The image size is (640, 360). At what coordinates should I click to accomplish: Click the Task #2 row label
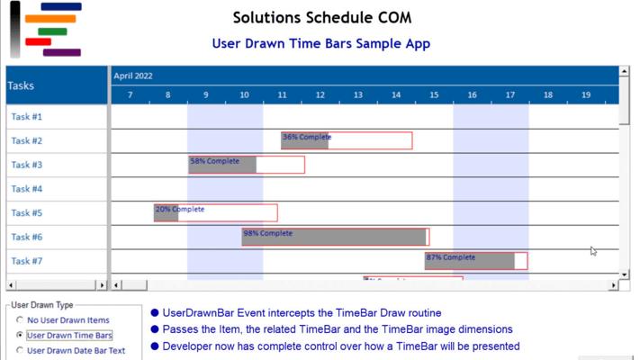pyautogui.click(x=27, y=140)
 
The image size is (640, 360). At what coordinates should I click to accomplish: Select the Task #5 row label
pyautogui.click(x=27, y=213)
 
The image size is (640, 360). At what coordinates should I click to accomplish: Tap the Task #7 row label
pyautogui.click(x=27, y=261)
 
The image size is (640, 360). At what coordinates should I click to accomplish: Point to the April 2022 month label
pyautogui.click(x=134, y=76)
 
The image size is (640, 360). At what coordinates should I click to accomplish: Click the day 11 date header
pyautogui.click(x=283, y=95)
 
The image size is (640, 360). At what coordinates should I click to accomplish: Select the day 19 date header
pyautogui.click(x=586, y=95)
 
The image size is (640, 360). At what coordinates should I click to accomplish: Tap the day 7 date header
pyautogui.click(x=131, y=95)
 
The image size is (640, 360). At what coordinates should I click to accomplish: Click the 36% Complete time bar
pyautogui.click(x=347, y=140)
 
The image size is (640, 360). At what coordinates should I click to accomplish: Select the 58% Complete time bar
pyautogui.click(x=247, y=165)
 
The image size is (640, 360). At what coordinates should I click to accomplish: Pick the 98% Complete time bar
pyautogui.click(x=335, y=237)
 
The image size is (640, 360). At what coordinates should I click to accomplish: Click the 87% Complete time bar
pyautogui.click(x=476, y=261)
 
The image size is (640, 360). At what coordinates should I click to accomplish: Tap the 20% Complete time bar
pyautogui.click(x=215, y=213)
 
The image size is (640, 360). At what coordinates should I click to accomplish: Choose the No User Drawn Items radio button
pyautogui.click(x=20, y=320)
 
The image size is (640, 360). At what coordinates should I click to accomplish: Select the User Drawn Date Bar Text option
pyautogui.click(x=20, y=350)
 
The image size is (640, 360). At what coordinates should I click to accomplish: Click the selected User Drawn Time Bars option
pyautogui.click(x=20, y=335)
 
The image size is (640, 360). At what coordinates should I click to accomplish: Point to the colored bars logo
pyautogui.click(x=45, y=30)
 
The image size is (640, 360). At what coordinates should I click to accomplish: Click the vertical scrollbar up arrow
pyautogui.click(x=625, y=71)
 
